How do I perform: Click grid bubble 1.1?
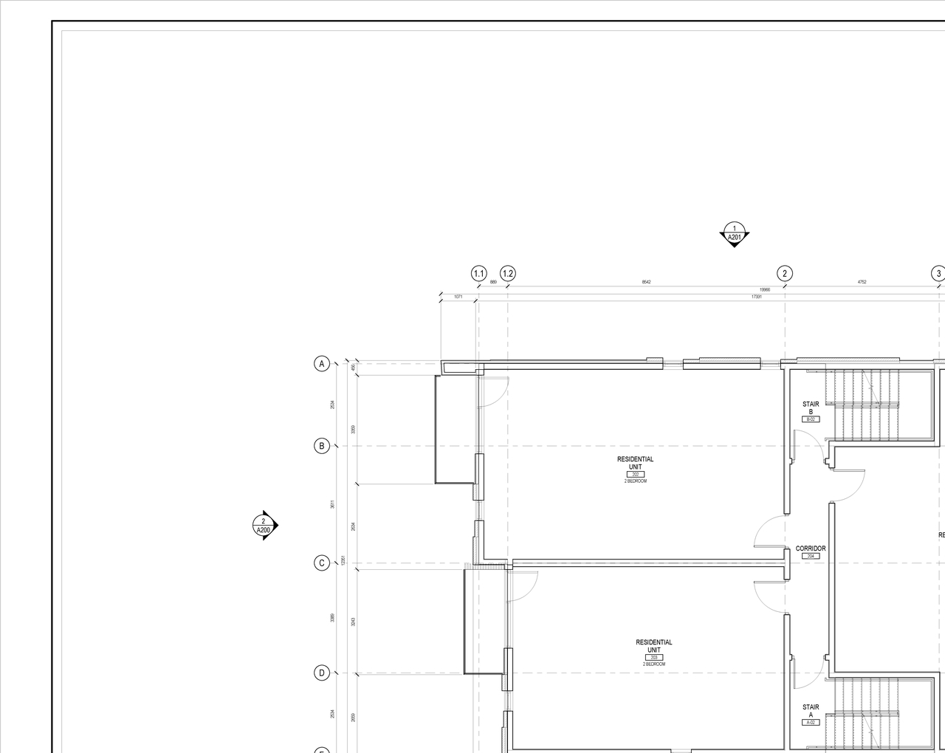479,274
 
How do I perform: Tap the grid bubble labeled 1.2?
508,274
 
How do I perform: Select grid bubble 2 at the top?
785,274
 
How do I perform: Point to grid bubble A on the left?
321,363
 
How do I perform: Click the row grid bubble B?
321,446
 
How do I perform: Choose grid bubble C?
321,563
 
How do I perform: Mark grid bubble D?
321,673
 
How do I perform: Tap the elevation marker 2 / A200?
264,526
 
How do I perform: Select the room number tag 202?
635,475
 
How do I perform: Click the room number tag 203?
653,657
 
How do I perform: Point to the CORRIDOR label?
811,549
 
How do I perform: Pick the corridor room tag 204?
811,556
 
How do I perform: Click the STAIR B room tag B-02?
811,419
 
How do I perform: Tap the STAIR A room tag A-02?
811,722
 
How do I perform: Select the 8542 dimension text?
646,282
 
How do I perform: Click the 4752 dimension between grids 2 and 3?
862,282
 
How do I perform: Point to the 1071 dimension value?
458,296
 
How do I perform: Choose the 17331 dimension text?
756,296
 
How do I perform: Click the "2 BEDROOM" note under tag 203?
653,664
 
